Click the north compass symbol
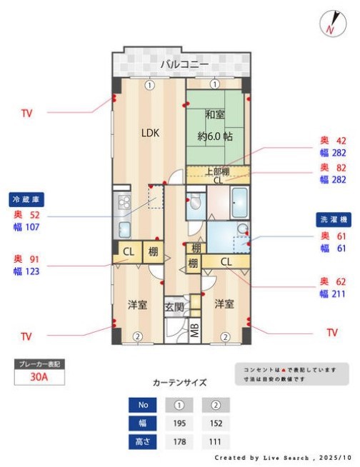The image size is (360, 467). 330,24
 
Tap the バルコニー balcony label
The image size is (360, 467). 184,65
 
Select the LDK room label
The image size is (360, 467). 149,132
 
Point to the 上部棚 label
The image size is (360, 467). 217,171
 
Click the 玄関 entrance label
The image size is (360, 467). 174,307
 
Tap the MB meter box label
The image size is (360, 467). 195,331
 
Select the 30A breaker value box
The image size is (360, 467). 39,378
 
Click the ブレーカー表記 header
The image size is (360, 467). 39,364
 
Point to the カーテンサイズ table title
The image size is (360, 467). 179,383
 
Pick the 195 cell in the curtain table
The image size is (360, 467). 180,423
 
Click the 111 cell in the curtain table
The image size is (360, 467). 216,442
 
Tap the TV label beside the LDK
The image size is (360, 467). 26,113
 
